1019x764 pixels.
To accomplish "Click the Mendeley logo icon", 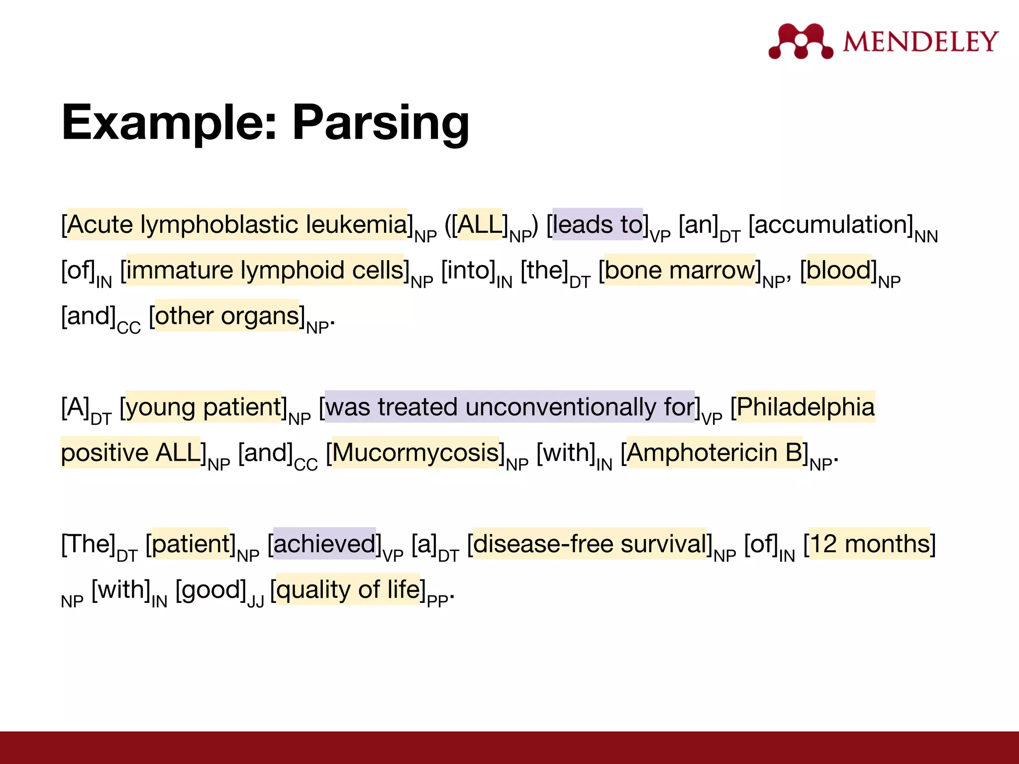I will click(800, 41).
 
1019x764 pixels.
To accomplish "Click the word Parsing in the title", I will click(381, 123).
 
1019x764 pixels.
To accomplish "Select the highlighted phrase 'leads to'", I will click(598, 224).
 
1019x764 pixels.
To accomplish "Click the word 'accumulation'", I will click(831, 224).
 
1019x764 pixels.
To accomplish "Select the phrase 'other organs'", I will click(227, 316).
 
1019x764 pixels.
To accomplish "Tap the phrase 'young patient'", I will click(204, 407).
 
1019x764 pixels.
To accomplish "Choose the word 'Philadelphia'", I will click(806, 407).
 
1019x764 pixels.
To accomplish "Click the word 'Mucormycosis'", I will click(415, 453).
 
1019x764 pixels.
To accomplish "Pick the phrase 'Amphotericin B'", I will click(714, 453).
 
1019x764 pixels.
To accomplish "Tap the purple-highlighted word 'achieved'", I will click(324, 544).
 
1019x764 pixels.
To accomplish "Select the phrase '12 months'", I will click(869, 544).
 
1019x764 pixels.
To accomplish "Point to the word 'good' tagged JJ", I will click(211, 589).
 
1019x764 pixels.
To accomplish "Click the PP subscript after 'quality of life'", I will click(438, 601).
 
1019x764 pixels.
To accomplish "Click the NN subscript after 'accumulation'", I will click(926, 237).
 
